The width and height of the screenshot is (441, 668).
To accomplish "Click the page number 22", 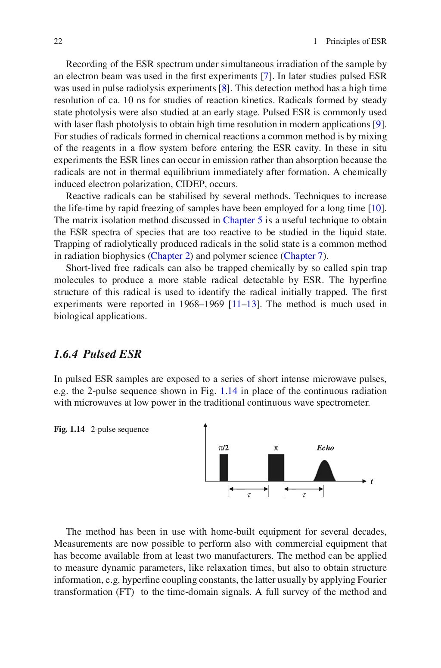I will point(58,41).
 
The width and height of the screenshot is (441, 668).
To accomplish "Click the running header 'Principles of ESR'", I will point(356,41).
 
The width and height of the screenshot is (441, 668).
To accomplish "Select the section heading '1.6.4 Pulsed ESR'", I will point(98,354).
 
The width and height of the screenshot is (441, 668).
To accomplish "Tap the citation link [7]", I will point(265,76).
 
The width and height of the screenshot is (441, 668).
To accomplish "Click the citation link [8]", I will point(223,88).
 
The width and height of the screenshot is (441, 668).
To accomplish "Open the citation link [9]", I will point(379,124).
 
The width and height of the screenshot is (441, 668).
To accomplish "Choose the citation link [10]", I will point(377,208).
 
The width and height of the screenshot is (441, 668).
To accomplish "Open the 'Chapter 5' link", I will point(242,220).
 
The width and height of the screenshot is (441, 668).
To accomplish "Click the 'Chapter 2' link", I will point(171,256).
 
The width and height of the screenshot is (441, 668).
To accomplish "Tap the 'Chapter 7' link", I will point(303,256).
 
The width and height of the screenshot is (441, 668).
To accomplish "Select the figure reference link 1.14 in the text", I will point(228,391).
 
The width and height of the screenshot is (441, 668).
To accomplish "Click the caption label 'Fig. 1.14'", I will point(69,429).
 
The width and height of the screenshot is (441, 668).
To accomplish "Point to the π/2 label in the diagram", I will point(224,448).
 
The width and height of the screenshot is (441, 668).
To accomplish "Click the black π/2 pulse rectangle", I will point(224,468).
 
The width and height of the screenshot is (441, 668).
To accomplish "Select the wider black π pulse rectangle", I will point(276,468).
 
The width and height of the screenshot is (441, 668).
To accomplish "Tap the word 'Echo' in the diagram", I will point(325,448).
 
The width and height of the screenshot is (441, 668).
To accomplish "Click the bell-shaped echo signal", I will point(325,472).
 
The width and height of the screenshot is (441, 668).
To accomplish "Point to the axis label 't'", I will point(371,481).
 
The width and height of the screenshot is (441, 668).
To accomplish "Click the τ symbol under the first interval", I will point(248,495).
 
